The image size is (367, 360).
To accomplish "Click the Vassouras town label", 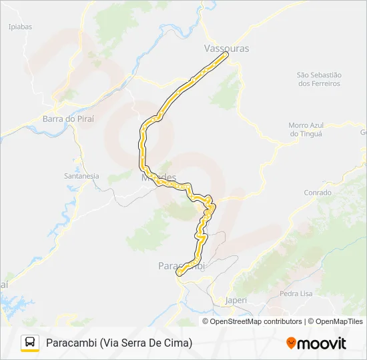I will tap(226, 49).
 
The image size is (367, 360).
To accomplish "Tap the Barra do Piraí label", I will tap(68, 119).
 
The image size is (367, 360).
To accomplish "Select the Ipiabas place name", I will tap(20, 27).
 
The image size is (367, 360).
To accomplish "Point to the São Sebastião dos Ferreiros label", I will tap(319, 79).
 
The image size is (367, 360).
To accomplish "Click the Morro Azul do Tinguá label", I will tap(306, 129).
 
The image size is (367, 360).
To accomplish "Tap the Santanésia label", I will tap(81, 176).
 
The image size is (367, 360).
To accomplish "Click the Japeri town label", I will tap(236, 300).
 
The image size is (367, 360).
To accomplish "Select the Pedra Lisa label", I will tap(297, 293).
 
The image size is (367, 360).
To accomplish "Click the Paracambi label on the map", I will tap(180, 265).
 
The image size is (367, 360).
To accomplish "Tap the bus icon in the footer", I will tap(30, 343).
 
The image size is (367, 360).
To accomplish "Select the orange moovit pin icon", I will tap(291, 343).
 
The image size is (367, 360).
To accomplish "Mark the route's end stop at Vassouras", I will tap(226, 55).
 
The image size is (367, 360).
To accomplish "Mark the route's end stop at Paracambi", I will tap(178, 273).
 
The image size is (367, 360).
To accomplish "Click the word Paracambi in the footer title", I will tap(71, 343).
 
